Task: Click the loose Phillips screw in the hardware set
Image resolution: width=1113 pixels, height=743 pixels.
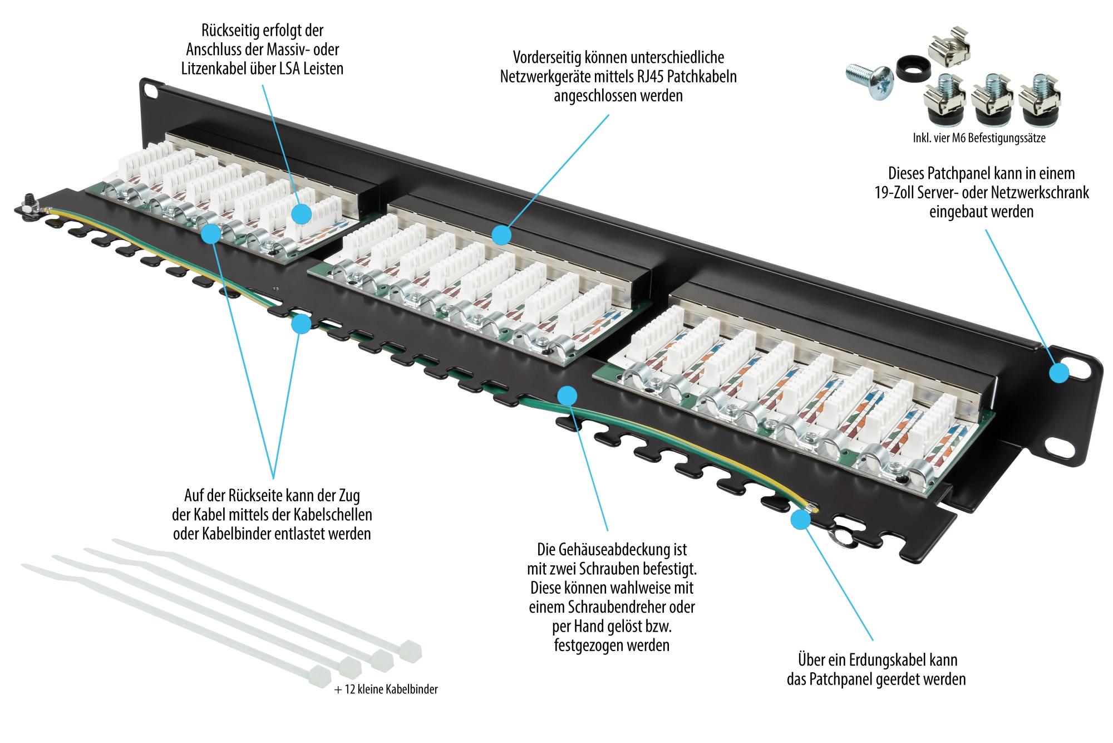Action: coord(870,81)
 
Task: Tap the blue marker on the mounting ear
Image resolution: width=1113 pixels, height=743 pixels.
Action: coord(1059,373)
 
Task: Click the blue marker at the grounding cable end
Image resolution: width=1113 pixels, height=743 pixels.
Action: coord(801,519)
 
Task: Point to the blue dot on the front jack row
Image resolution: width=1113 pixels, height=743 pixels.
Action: coord(501,235)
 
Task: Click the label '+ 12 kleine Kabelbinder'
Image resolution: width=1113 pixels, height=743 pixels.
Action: coord(386,690)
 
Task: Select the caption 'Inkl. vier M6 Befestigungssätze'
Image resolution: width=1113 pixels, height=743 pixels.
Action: coord(979,138)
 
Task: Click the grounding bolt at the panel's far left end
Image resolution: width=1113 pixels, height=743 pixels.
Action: coord(28,204)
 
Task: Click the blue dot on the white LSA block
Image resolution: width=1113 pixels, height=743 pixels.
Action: coord(301,213)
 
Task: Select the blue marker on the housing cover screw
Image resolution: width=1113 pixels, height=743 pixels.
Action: coord(567,396)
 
